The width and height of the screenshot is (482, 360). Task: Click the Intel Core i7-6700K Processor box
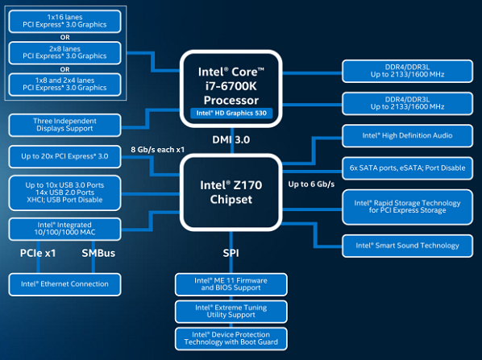tap(231, 89)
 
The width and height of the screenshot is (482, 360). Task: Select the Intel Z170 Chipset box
tap(231, 192)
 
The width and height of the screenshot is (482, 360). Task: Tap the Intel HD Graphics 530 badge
tap(231, 113)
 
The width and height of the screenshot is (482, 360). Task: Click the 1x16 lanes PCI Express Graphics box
tap(64, 21)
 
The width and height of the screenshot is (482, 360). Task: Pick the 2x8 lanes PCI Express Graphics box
tap(64, 53)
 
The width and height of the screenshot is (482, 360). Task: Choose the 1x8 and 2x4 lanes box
tap(64, 85)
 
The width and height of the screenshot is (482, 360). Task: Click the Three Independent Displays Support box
tap(64, 125)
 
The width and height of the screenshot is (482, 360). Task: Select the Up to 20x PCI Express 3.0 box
tap(64, 157)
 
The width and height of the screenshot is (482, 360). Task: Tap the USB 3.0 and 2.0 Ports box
tap(64, 192)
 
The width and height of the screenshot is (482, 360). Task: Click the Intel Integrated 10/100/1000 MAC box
tap(64, 229)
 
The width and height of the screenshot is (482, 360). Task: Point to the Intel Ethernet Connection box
tap(64, 284)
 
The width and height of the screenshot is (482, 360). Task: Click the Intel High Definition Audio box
tap(407, 136)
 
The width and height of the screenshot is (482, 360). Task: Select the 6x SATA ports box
tap(407, 168)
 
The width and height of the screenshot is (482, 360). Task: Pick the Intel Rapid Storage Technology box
tap(407, 207)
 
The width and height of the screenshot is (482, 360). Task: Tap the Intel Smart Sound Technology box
tap(407, 246)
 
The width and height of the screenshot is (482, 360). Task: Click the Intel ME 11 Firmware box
tap(231, 284)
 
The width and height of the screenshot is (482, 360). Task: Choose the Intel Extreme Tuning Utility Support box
tap(231, 312)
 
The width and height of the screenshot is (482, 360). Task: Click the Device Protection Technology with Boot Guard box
tap(231, 338)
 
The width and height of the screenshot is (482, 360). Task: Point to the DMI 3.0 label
tap(231, 140)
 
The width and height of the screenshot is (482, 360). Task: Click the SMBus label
tap(98, 253)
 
